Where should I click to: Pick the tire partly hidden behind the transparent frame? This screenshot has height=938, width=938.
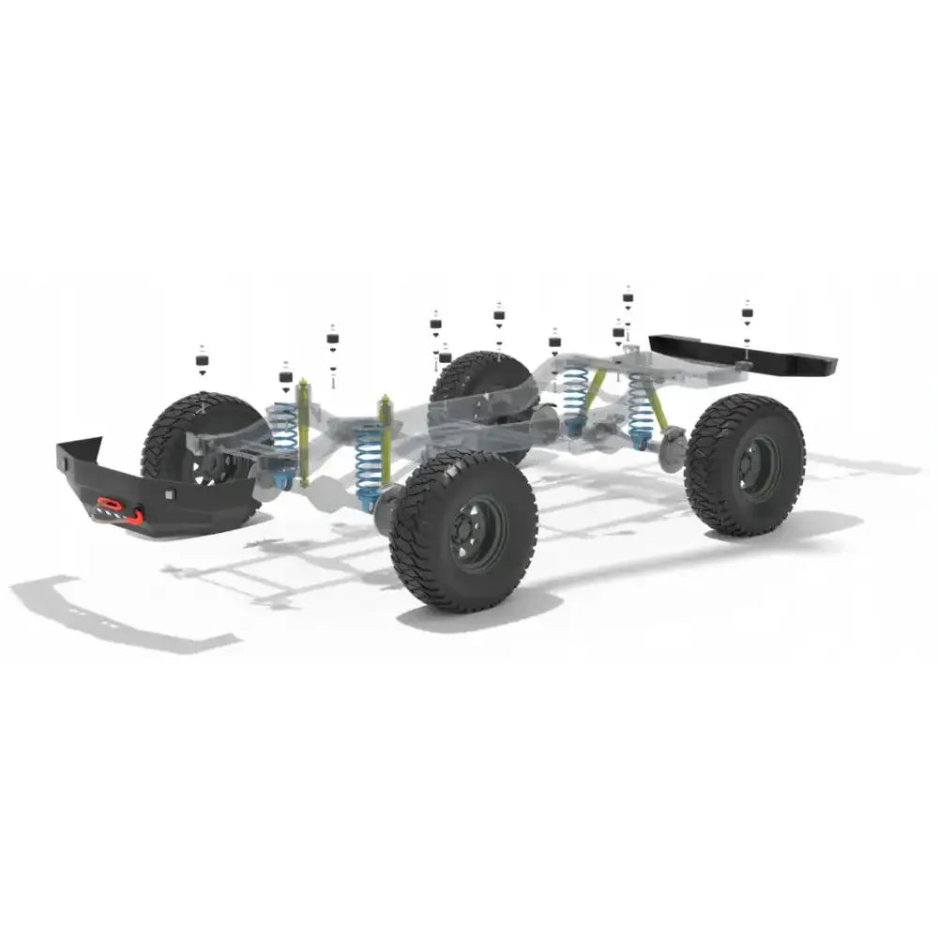point(478,385)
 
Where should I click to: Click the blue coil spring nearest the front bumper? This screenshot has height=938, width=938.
point(283,436)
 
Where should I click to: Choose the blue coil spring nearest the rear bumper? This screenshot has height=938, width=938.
point(642,408)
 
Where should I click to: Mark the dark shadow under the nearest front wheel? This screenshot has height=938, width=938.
point(469,614)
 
